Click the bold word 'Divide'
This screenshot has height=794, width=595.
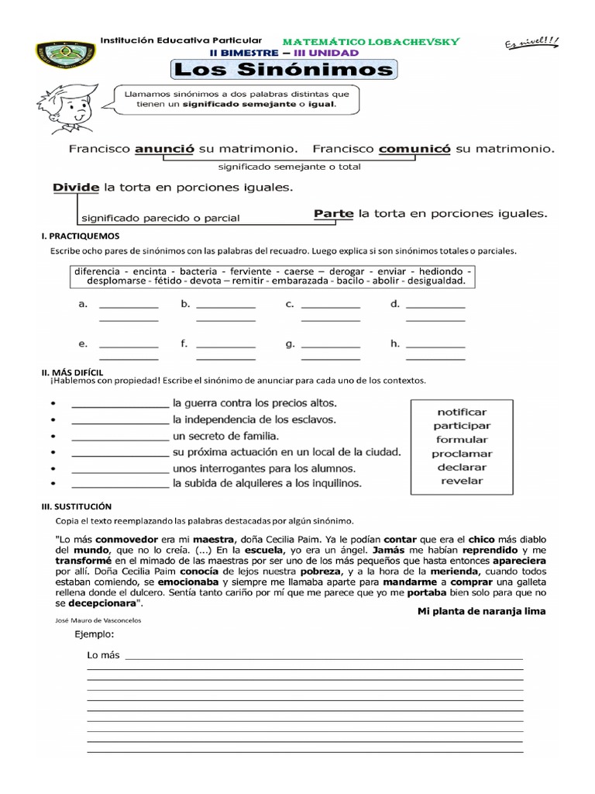(x=76, y=188)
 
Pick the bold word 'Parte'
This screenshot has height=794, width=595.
(x=334, y=213)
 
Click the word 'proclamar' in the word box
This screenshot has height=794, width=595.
(x=462, y=454)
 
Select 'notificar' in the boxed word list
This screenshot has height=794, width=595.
(x=462, y=412)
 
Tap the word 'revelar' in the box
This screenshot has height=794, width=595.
(x=462, y=481)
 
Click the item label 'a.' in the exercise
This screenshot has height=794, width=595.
(x=83, y=305)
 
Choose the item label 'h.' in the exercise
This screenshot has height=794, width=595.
(x=395, y=343)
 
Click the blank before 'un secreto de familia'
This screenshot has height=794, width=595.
(x=119, y=437)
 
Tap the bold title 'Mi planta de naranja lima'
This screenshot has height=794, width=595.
(x=481, y=611)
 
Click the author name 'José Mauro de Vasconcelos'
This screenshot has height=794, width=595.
(x=99, y=620)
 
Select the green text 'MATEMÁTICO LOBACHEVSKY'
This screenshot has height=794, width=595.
(x=371, y=41)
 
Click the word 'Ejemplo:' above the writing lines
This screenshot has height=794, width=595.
(x=95, y=633)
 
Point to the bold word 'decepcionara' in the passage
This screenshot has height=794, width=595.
(x=101, y=602)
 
